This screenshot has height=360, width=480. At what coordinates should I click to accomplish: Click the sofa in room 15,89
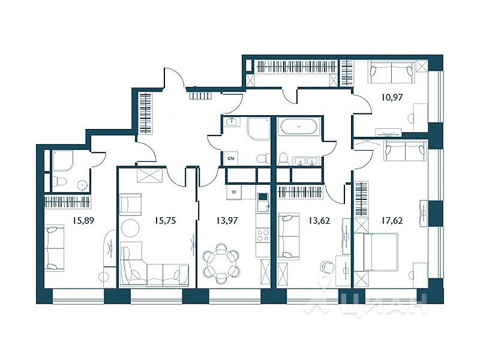coord(54,247)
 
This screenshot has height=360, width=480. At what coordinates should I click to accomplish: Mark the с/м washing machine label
coord(231,158)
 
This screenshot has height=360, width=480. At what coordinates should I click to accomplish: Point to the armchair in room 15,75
coord(131,204)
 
